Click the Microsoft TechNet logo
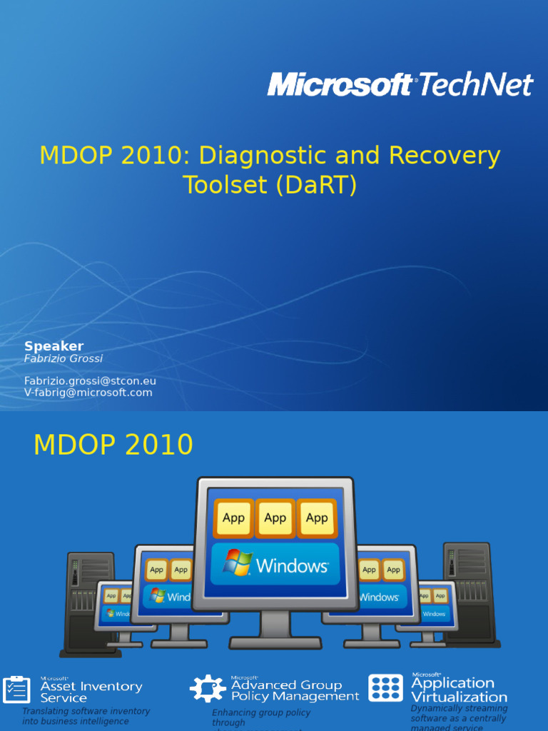pyautogui.click(x=400, y=84)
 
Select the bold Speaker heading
pyautogui.click(x=54, y=346)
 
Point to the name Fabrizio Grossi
pyautogui.click(x=64, y=358)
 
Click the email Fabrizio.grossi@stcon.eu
pyautogui.click(x=90, y=381)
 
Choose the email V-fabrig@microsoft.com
pyautogui.click(x=88, y=393)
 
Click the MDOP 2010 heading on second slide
pyautogui.click(x=113, y=445)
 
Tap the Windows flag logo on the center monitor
pyautogui.click(x=237, y=563)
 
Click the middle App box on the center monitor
pyautogui.click(x=275, y=518)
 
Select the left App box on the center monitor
pyautogui.click(x=233, y=518)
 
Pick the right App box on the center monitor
pyautogui.click(x=317, y=518)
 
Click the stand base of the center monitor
pyautogui.click(x=275, y=641)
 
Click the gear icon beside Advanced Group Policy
pyautogui.click(x=207, y=689)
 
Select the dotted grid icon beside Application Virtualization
pyautogui.click(x=385, y=688)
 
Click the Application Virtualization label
pyautogui.click(x=459, y=690)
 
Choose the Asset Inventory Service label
pyautogui.click(x=91, y=692)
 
